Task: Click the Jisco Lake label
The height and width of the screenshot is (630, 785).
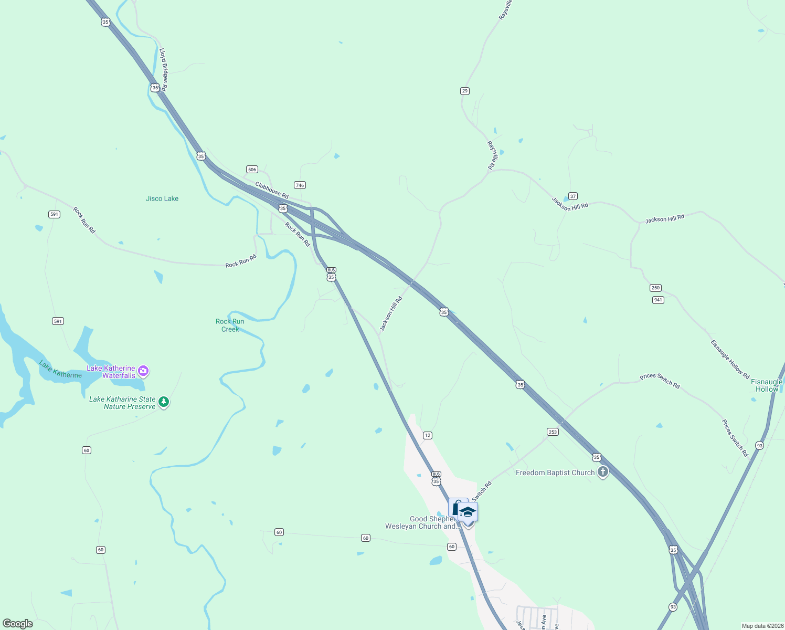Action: coord(162,198)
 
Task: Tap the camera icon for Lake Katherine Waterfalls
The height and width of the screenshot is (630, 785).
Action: coord(143,371)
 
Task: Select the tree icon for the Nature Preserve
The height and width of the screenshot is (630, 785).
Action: coord(164,402)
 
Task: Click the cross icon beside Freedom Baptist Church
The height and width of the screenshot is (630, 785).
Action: coord(603,472)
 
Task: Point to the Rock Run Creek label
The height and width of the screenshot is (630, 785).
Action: coord(230,325)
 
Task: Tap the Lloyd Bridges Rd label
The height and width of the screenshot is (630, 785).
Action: coord(163,70)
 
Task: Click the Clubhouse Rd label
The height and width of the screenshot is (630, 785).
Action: coord(272,190)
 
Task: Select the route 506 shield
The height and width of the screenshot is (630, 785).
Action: coord(252,169)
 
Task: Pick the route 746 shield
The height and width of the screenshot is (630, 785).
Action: coord(300,185)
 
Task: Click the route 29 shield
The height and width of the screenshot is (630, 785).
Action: coord(465,91)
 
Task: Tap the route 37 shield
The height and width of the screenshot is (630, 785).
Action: coord(573,196)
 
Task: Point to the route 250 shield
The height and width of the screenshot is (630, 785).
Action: coord(655,288)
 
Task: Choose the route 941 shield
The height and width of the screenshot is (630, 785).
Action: coord(658,300)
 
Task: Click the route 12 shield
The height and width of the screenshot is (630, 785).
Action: coord(428,435)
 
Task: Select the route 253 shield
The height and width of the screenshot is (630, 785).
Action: coord(553,432)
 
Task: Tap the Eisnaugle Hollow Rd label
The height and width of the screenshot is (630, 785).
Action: coord(730,360)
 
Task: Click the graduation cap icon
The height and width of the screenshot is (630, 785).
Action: coord(468,512)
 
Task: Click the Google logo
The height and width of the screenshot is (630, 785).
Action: coord(18,623)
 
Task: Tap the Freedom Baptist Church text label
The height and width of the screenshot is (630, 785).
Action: coord(555,472)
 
